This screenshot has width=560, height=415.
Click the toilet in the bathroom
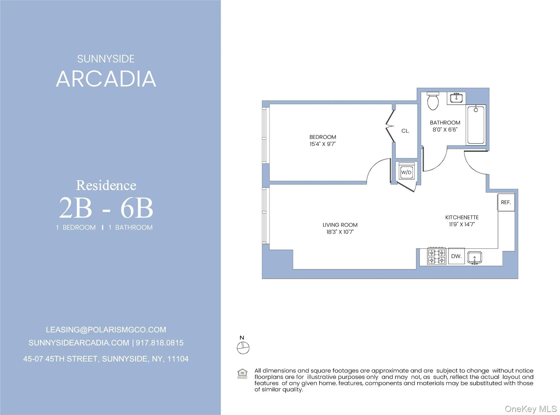(433, 101)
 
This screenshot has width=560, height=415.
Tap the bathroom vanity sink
(456, 98)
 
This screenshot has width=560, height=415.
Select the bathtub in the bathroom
(476, 125)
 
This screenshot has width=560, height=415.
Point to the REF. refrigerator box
(506, 202)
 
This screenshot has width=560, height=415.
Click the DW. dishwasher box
(456, 256)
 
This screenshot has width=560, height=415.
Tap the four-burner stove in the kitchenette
(437, 256)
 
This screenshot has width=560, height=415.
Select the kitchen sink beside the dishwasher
(475, 258)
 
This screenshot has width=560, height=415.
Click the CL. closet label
(405, 131)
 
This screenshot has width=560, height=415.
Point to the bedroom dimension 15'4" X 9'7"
(322, 144)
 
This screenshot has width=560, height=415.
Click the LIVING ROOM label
(340, 225)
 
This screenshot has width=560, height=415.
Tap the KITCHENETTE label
(462, 217)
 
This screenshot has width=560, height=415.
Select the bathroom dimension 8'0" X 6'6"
(445, 130)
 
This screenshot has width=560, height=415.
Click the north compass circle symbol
(243, 348)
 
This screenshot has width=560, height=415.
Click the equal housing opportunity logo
(242, 373)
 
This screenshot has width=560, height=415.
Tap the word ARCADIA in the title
(106, 79)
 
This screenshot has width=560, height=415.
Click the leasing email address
(106, 330)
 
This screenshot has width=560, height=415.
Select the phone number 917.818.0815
(160, 343)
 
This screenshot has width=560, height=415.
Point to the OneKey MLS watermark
(530, 409)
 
